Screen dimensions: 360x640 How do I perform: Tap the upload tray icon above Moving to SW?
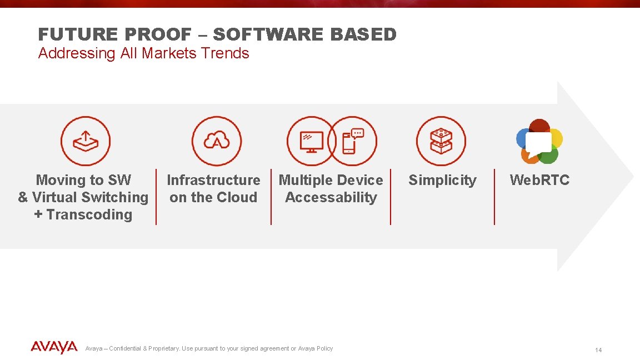tap(86, 141)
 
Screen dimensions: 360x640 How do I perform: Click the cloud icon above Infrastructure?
tap(217, 141)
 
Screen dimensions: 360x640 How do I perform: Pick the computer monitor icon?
tap(311, 141)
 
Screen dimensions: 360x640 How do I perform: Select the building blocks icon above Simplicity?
tap(441, 141)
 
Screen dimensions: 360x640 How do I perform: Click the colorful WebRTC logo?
tap(539, 141)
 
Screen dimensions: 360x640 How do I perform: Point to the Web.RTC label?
tap(539, 180)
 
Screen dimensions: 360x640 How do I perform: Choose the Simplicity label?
tap(442, 180)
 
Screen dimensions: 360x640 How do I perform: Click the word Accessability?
tap(331, 197)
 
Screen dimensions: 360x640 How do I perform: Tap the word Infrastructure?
tap(213, 180)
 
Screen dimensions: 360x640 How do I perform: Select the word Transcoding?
tap(89, 214)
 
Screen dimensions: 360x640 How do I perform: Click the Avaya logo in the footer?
tap(54, 348)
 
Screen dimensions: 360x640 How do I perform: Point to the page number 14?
tap(598, 350)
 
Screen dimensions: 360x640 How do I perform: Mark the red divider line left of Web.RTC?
tap(494, 197)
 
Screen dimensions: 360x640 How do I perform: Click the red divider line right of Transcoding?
tap(156, 197)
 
